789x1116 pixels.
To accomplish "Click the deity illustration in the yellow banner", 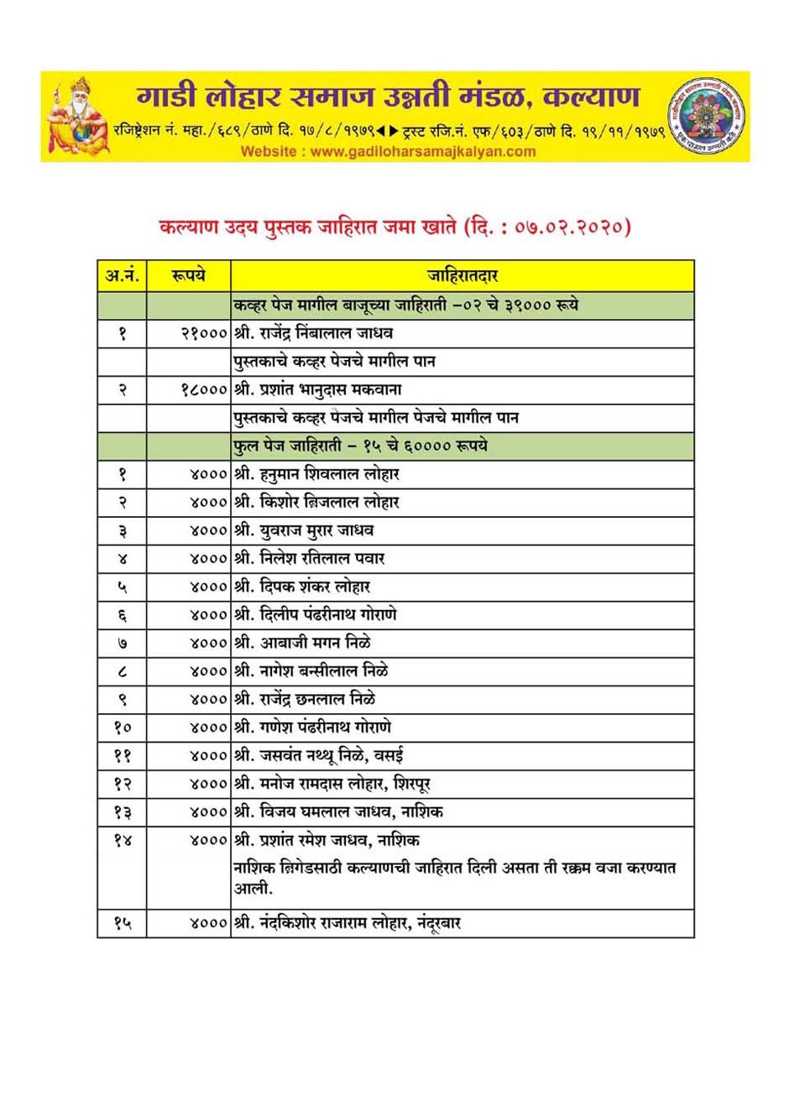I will [x=77, y=117].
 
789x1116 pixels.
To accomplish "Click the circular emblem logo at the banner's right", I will [x=707, y=116].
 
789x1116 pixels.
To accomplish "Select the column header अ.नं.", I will [x=122, y=275].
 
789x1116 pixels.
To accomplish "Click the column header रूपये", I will [x=188, y=275].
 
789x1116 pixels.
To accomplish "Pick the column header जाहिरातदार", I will [x=462, y=275].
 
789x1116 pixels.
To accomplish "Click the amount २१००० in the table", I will [x=204, y=333].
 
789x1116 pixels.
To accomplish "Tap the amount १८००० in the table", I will [x=204, y=389].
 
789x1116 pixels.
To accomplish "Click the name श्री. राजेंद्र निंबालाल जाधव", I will [x=314, y=333].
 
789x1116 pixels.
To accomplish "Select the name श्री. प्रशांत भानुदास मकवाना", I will [x=318, y=389].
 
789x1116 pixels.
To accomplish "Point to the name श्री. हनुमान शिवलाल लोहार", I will [x=316, y=474].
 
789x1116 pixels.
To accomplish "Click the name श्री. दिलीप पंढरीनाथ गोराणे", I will [x=316, y=615].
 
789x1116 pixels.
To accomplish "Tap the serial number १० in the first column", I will [x=122, y=727].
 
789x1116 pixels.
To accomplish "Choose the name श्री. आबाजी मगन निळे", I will [x=302, y=643].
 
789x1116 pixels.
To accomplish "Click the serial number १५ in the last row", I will [x=122, y=923].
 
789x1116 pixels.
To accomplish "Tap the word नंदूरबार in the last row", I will [x=439, y=923].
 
